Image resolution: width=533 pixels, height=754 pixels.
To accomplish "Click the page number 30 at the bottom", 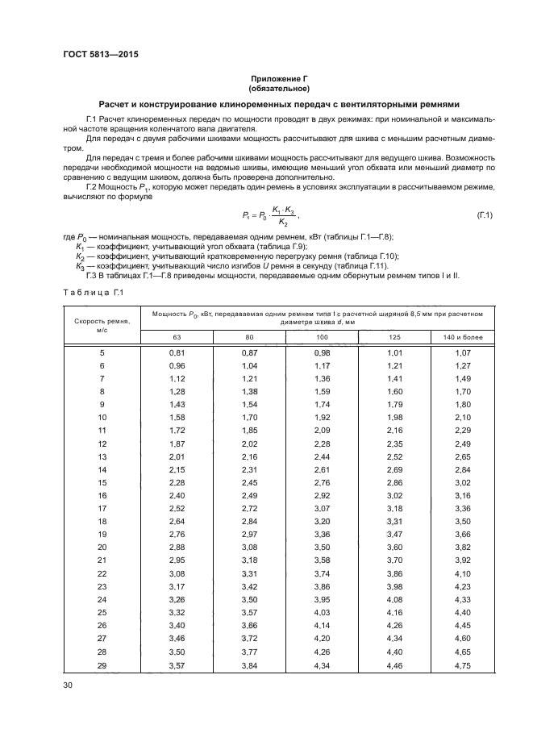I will [68, 685].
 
